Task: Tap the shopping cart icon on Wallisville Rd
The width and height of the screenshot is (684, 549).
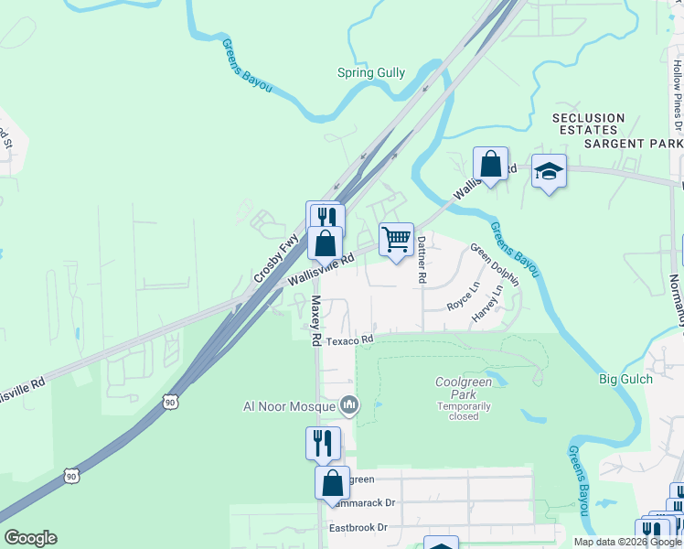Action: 396,240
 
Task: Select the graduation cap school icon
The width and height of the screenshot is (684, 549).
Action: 549,171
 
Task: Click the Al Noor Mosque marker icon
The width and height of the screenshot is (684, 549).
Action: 348,404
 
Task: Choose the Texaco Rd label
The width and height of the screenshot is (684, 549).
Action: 352,339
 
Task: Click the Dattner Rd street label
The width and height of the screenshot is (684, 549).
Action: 422,260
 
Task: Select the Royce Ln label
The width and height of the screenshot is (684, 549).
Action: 463,300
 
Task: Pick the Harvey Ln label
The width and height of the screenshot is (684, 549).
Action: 487,304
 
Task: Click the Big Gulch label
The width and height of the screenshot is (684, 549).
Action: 625,379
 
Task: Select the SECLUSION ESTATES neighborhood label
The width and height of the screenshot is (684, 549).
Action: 589,124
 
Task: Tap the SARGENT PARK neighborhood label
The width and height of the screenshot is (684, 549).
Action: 634,145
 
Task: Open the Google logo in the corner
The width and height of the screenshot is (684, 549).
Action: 30,538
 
